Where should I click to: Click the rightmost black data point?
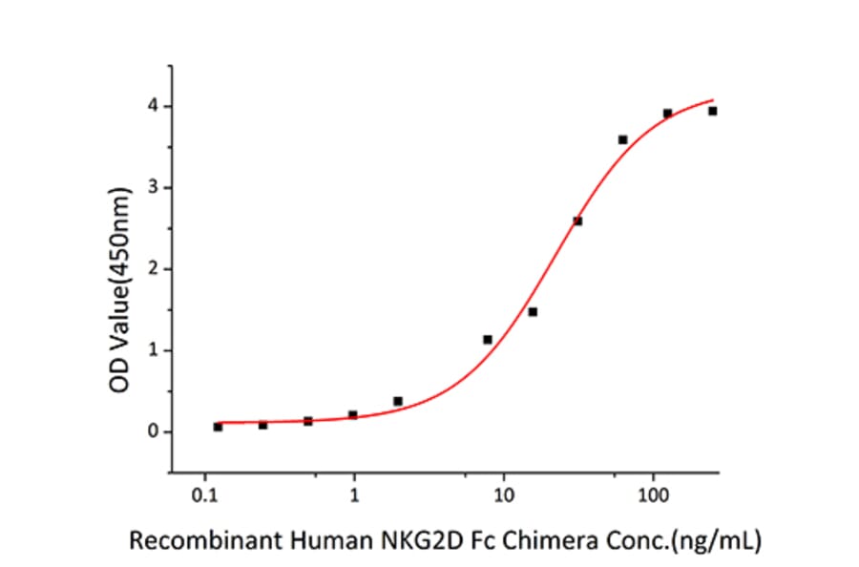click(712, 111)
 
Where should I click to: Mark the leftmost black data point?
click(218, 427)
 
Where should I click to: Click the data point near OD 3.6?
click(623, 139)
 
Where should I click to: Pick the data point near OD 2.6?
click(577, 220)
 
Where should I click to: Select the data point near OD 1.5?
click(533, 311)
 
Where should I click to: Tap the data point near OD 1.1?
click(488, 339)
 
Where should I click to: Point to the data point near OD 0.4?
click(398, 401)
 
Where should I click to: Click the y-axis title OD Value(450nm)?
click(118, 269)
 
